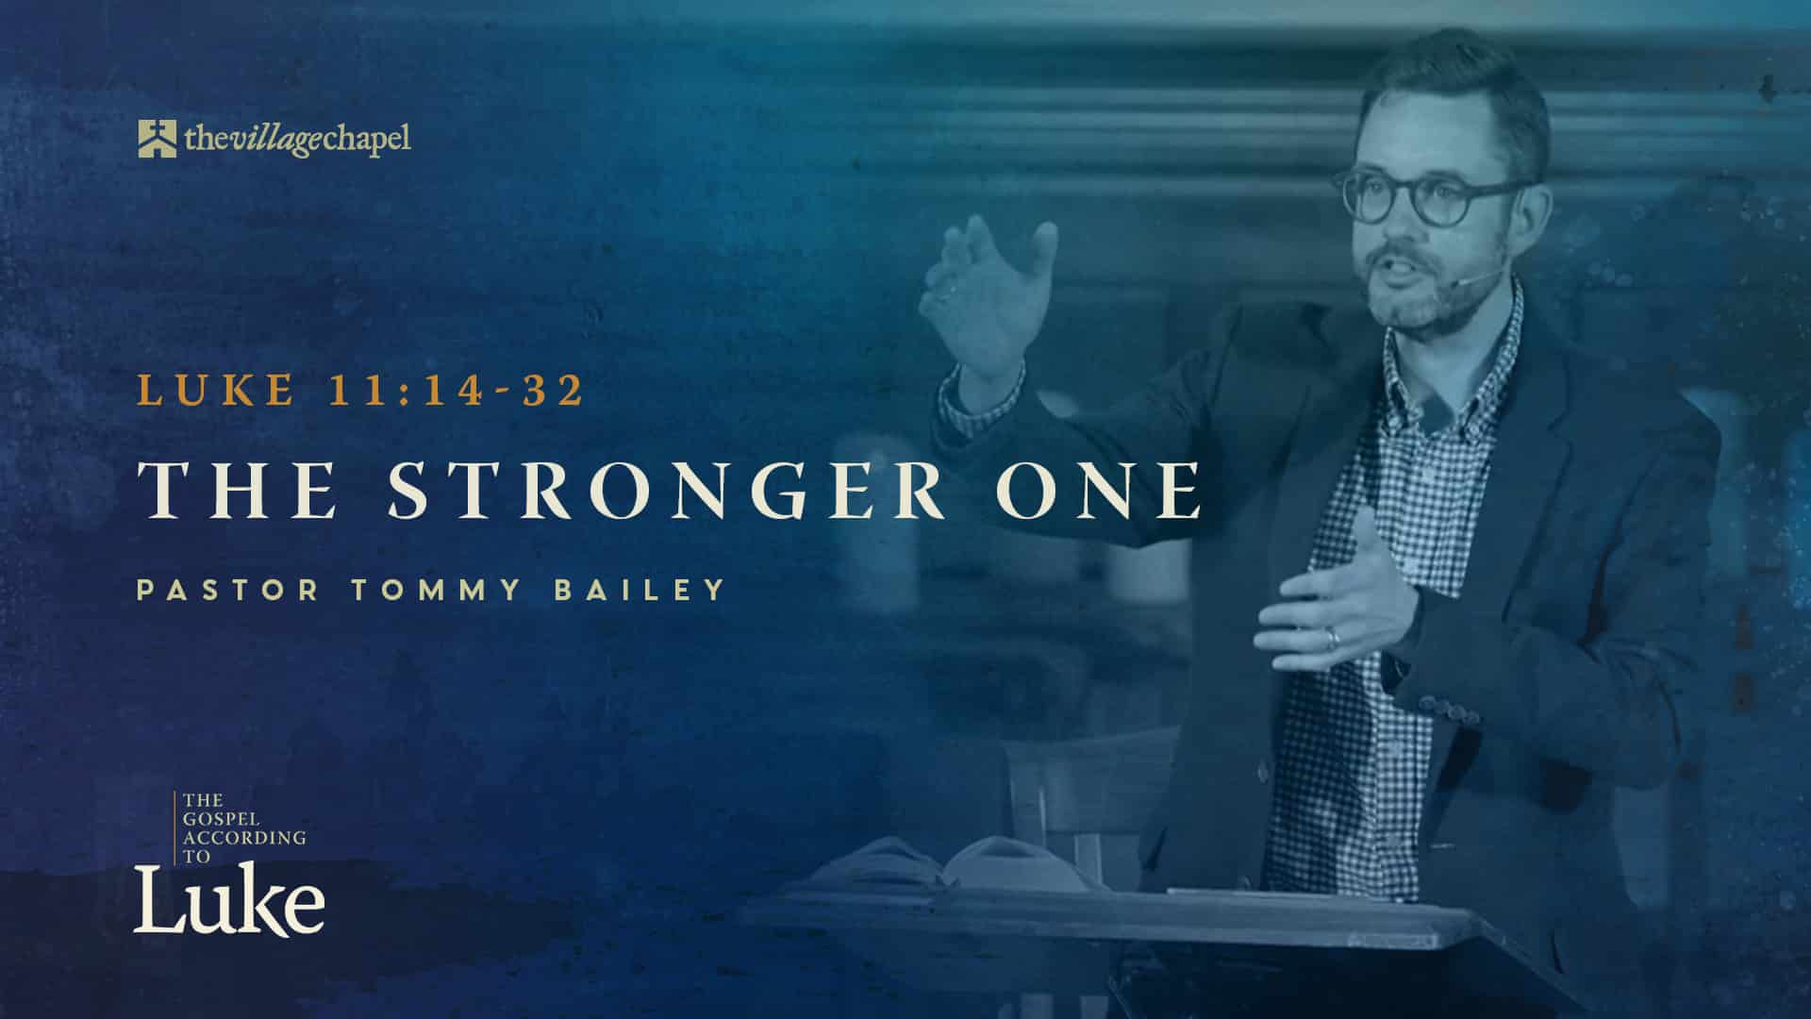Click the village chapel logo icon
pos(158,139)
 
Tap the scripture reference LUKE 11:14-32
pos(361,390)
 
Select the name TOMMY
pos(436,591)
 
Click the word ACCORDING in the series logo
pos(245,837)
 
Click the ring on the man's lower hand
pos(1332,638)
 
